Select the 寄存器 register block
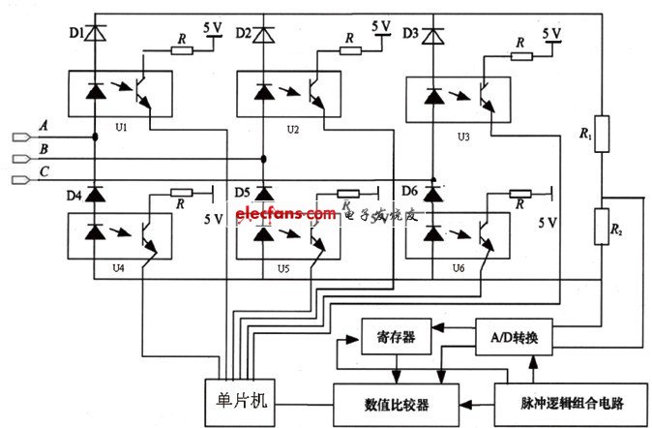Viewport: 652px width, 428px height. (x=395, y=338)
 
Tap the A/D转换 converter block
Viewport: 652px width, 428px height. (x=514, y=338)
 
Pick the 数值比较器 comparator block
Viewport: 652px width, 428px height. (x=397, y=400)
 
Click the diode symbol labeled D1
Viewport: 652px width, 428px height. (x=95, y=35)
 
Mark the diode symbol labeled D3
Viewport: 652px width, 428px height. (x=433, y=36)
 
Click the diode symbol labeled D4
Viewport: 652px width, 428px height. (x=95, y=194)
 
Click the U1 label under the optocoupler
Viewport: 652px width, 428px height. (x=121, y=127)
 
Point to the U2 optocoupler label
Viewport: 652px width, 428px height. (x=291, y=127)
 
